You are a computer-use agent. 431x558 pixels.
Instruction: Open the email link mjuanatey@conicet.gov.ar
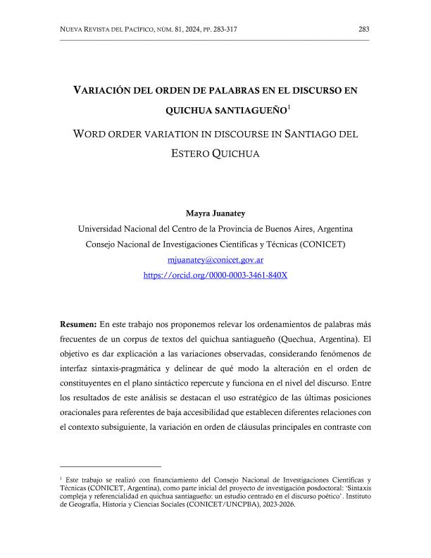point(216,260)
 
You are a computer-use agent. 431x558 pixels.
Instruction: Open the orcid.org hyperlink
point(216,275)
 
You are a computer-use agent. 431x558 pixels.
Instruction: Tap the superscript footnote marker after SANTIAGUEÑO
point(289,106)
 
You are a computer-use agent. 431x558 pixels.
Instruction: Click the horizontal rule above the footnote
point(111,466)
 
